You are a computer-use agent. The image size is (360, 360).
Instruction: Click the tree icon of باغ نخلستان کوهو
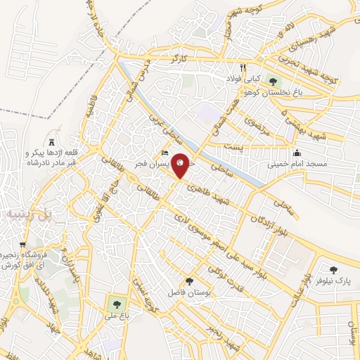272,83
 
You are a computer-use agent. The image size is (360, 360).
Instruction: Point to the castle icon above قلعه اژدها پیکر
51,141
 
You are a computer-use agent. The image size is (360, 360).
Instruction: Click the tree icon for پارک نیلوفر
332,269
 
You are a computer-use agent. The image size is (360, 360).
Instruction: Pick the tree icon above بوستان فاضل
188,281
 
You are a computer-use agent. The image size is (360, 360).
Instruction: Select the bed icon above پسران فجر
165,153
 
